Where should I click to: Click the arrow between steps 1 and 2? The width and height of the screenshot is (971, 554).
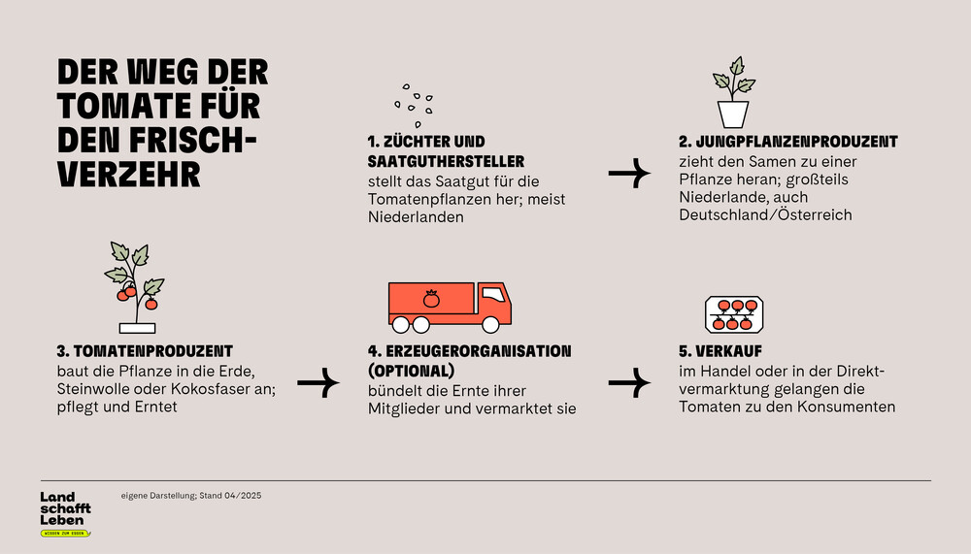(x=629, y=174)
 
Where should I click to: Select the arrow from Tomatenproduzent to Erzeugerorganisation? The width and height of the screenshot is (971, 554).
(x=318, y=382)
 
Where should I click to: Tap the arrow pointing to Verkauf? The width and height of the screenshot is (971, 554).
(x=629, y=382)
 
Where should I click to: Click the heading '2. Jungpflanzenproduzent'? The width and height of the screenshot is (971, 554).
(x=787, y=142)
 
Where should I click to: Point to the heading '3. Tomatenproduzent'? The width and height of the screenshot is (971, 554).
(x=145, y=351)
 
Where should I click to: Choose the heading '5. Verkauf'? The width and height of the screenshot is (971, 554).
(x=720, y=351)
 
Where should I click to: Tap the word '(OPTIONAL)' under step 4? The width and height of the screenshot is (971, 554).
(x=411, y=371)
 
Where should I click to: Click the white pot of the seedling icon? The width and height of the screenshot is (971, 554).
(x=733, y=114)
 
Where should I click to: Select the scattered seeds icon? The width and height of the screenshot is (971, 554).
(x=414, y=106)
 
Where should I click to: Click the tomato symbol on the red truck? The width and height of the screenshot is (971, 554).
(x=431, y=299)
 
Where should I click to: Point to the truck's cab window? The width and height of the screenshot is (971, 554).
(x=493, y=294)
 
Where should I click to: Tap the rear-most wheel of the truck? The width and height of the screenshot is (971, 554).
(x=401, y=324)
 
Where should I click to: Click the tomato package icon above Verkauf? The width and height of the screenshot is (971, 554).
(x=734, y=314)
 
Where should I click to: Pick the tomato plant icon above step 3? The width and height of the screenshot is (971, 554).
(x=136, y=287)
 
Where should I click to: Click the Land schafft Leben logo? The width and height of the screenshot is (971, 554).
(x=66, y=514)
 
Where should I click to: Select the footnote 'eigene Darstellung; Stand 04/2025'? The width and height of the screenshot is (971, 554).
(x=190, y=496)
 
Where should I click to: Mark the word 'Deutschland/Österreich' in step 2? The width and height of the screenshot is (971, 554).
(x=765, y=215)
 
